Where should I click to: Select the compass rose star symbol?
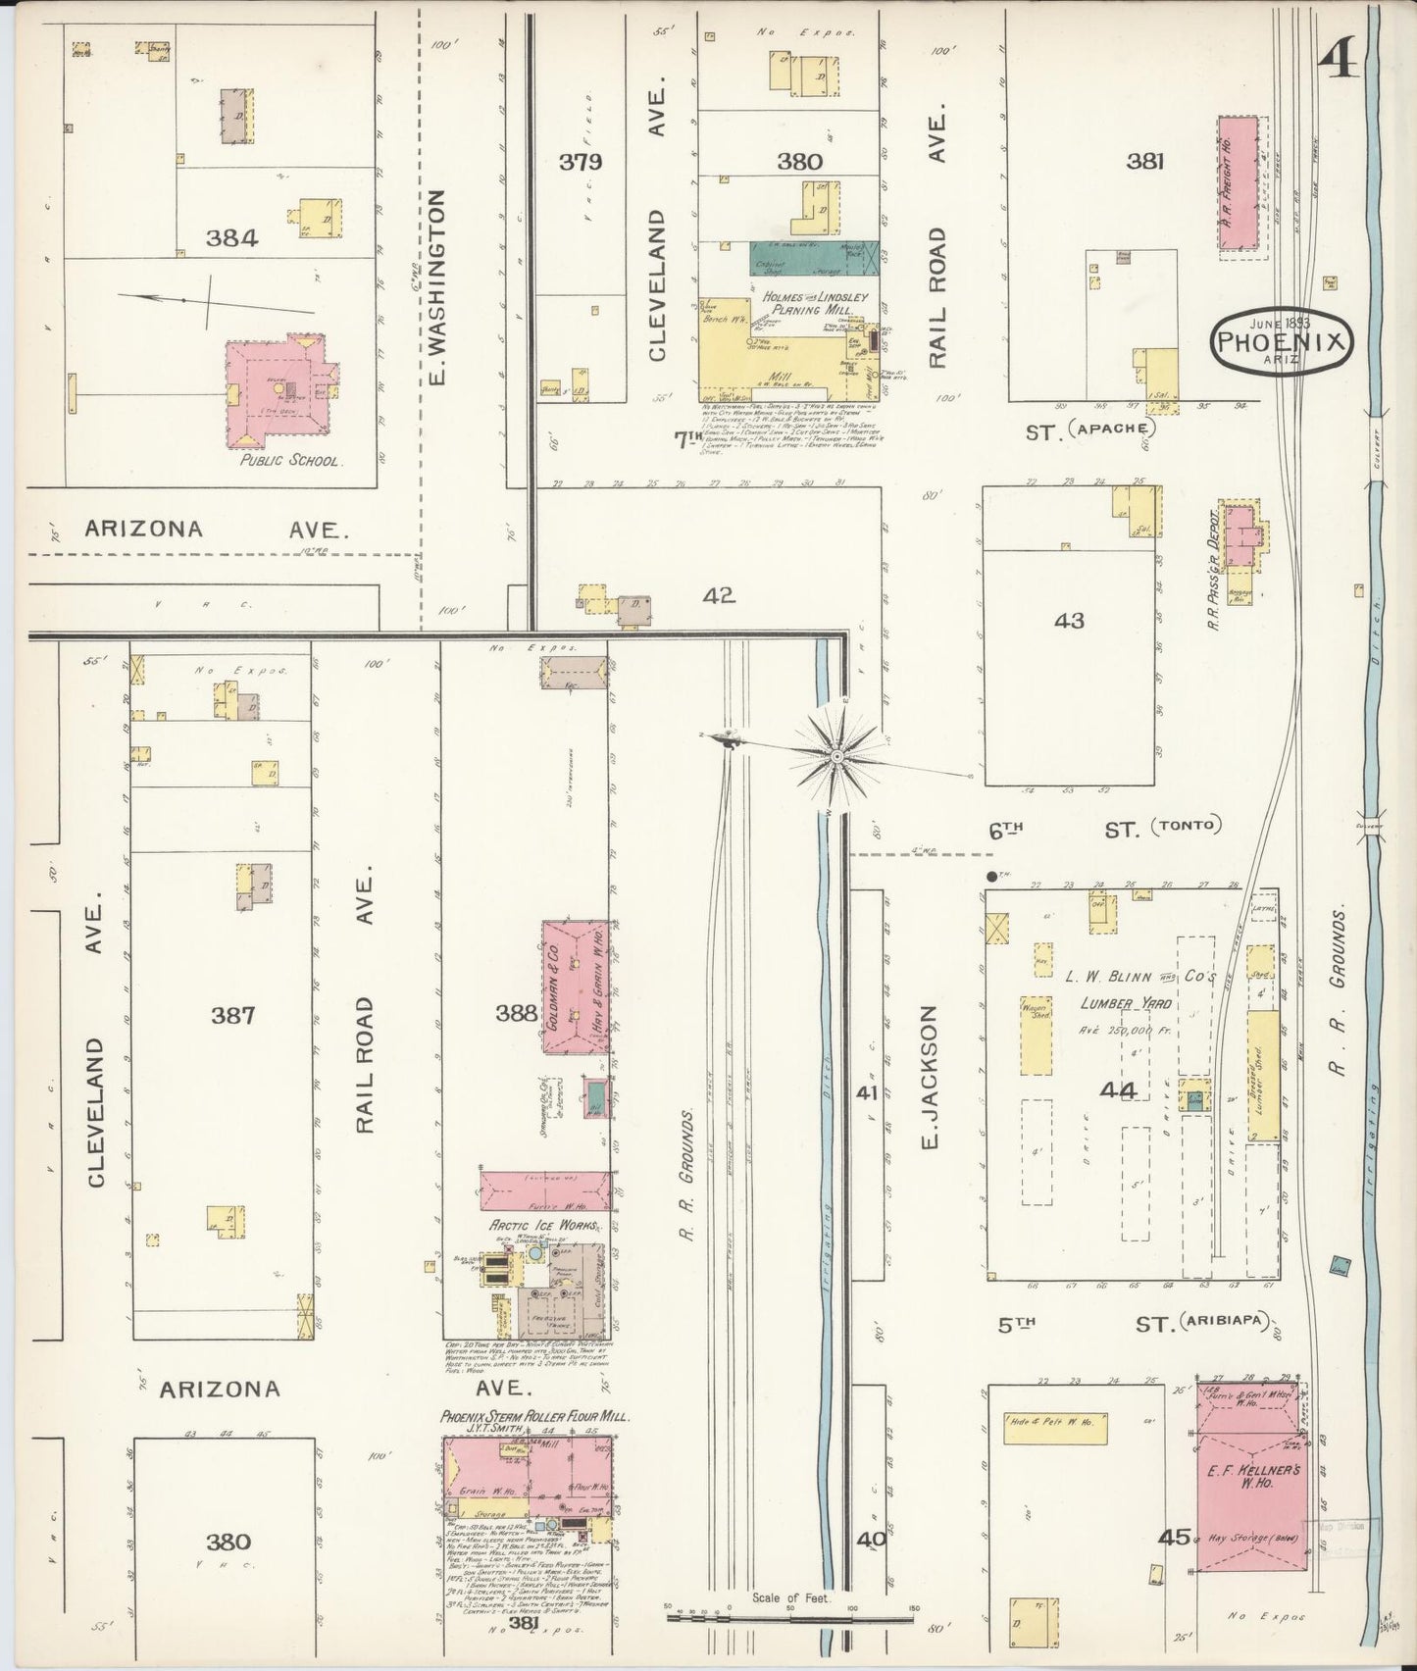coord(838,756)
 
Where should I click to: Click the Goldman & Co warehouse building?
coord(577,986)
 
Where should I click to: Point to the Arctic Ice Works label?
coord(530,1226)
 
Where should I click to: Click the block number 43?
coord(1070,620)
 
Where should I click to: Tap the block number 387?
coord(233,1015)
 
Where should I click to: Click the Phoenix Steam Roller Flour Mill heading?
coord(534,1417)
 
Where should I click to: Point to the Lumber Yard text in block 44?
coord(1113,1003)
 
